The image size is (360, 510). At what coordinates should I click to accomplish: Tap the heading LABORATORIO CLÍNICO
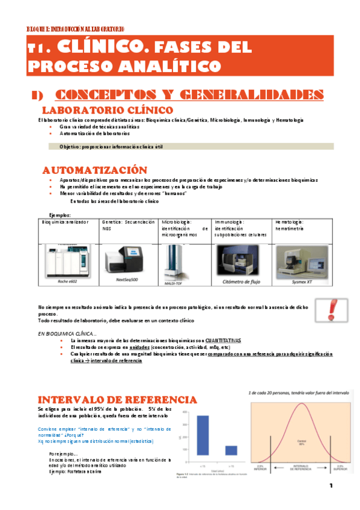[x=107, y=111]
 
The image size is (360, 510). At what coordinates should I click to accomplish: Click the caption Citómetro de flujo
[x=240, y=280]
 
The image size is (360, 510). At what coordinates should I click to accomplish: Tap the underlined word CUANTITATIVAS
[x=219, y=340]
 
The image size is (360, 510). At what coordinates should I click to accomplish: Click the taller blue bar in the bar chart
[x=203, y=435]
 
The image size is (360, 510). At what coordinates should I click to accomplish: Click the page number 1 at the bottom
[x=331, y=486]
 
